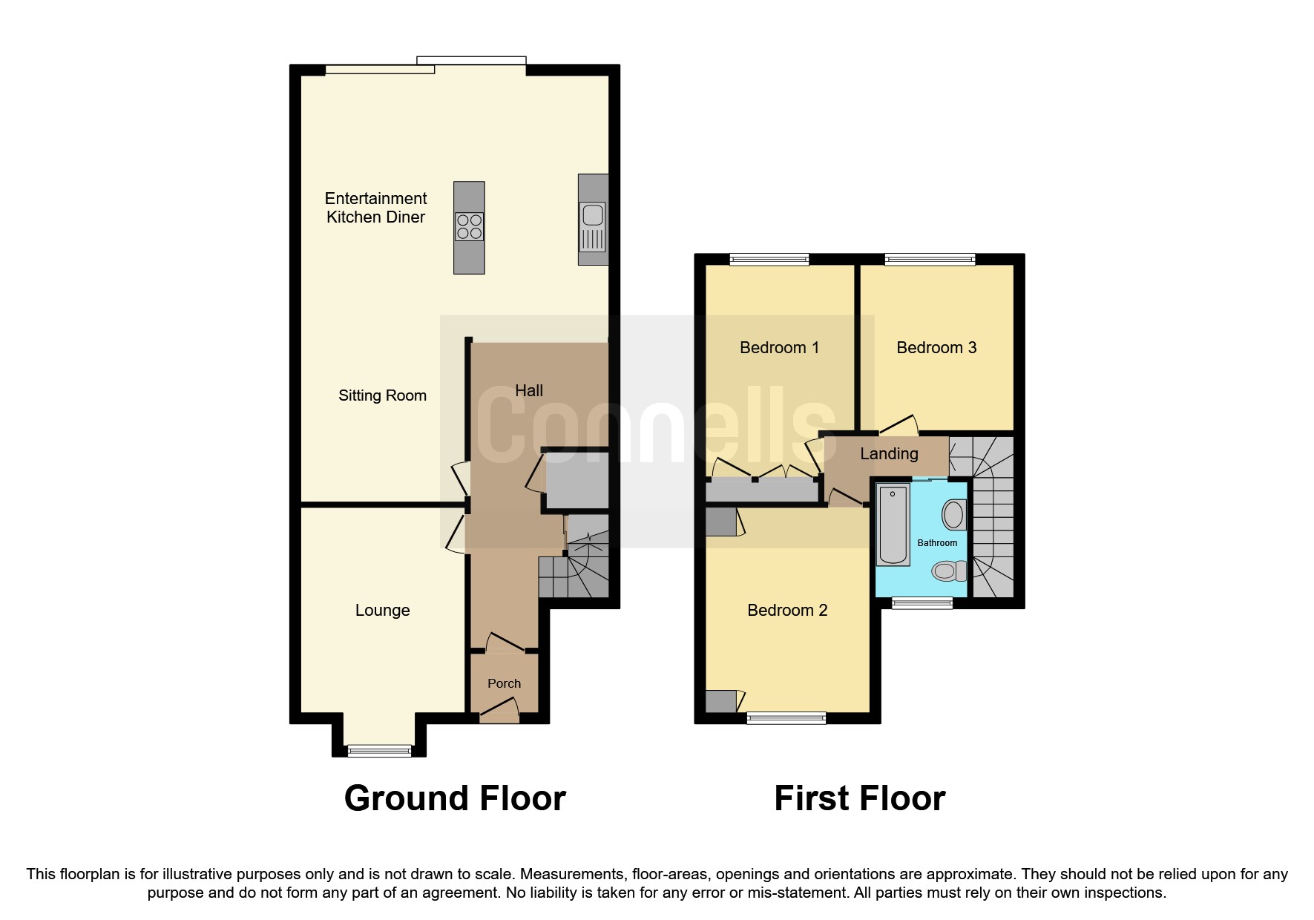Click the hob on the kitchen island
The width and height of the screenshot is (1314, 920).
[x=469, y=226]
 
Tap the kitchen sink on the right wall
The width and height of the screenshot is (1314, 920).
[x=593, y=215]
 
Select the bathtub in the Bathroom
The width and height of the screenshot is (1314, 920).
[x=893, y=525]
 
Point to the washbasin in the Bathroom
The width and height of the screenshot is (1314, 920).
[x=953, y=514]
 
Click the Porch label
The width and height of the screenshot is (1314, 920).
[x=504, y=683]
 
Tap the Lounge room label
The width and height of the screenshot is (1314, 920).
[x=382, y=610]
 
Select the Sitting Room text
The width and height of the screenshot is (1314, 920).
[x=382, y=395]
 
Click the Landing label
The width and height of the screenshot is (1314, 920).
[x=889, y=453]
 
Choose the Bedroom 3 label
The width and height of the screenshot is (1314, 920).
[x=936, y=347]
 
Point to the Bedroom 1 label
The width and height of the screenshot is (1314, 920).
[x=779, y=347]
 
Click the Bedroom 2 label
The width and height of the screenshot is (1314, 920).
[x=786, y=610]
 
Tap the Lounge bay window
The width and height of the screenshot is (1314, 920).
[x=379, y=751]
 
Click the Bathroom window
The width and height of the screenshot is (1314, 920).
[x=922, y=603]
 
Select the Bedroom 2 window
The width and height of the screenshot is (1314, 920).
[x=786, y=717]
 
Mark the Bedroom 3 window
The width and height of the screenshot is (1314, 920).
[x=930, y=259]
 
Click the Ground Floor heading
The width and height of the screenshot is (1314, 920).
[x=455, y=798]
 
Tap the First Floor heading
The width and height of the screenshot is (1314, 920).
[x=859, y=798]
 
